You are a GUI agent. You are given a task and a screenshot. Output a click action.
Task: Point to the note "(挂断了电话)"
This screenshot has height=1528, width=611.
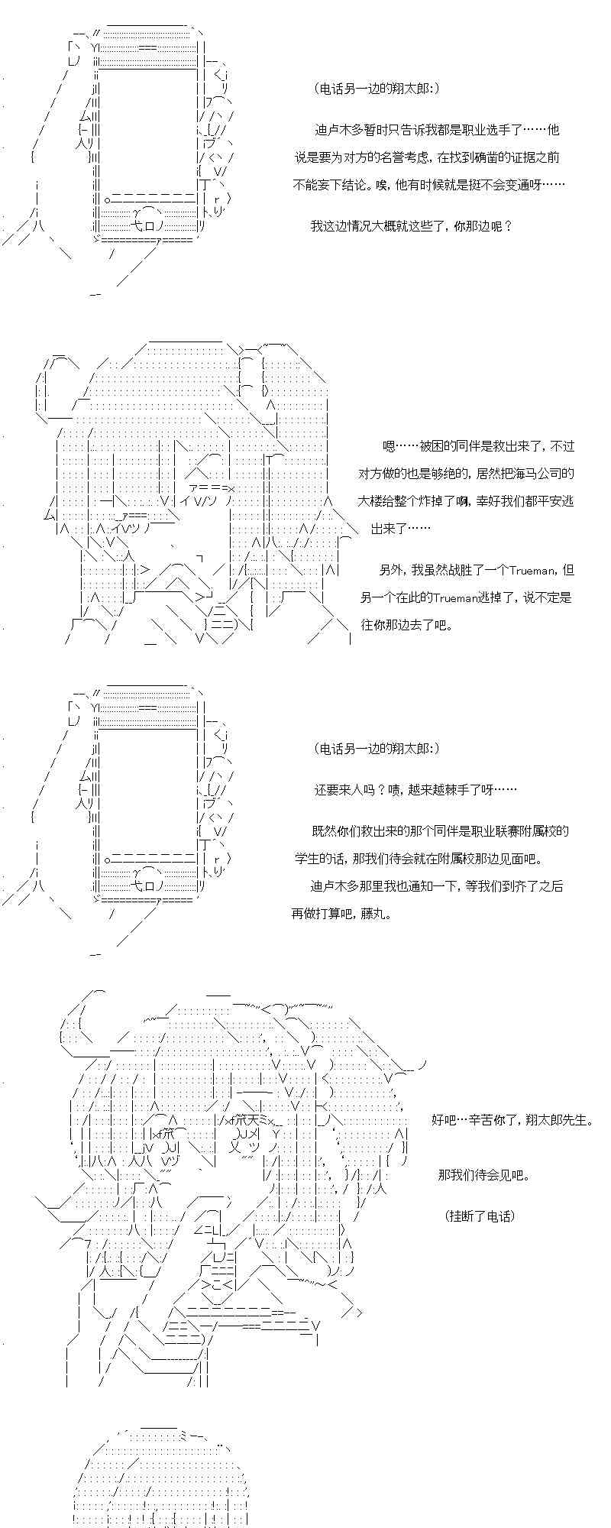pyautogui.click(x=479, y=1215)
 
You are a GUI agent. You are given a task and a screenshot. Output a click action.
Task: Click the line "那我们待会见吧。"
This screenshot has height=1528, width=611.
pyautogui.click(x=483, y=1175)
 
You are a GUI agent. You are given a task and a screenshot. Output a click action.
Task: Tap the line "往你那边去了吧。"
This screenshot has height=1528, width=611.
pyautogui.click(x=406, y=625)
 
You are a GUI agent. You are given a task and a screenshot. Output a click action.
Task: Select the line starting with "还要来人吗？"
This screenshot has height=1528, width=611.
pyautogui.click(x=415, y=790)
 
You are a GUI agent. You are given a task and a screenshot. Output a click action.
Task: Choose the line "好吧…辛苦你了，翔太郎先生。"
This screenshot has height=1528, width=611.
pyautogui.click(x=512, y=1120)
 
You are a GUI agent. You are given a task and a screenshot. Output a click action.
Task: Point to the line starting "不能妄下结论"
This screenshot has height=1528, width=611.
pyautogui.click(x=428, y=185)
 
